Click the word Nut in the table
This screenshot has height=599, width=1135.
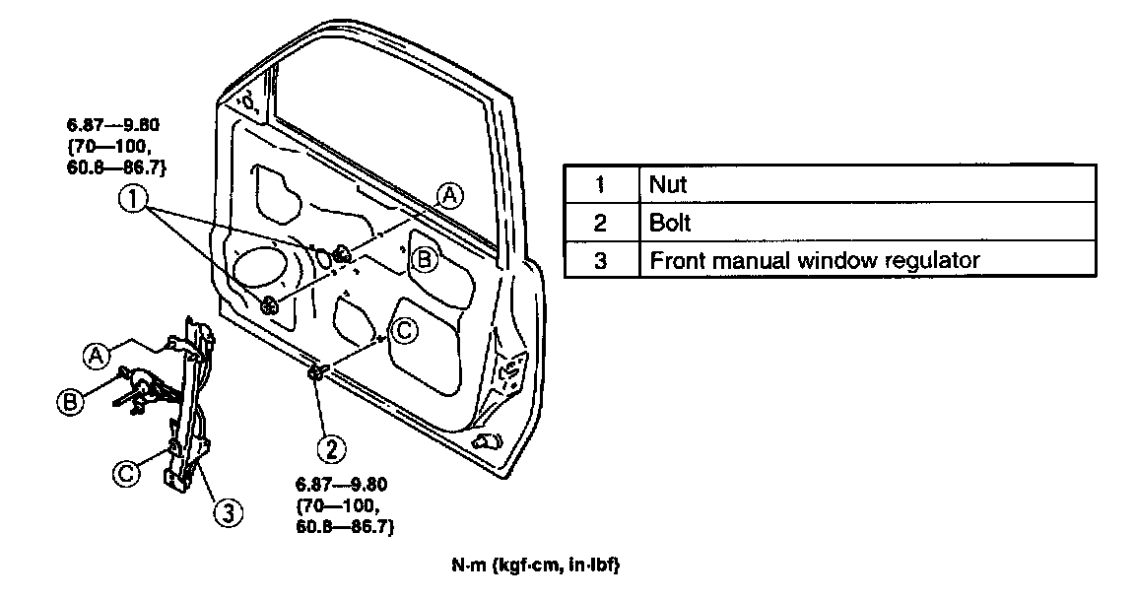[x=668, y=184]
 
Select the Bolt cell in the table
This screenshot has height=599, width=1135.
[x=670, y=223]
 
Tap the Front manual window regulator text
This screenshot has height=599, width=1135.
[x=814, y=261]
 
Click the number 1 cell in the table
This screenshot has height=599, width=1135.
[x=600, y=184]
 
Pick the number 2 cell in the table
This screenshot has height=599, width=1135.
[x=600, y=223]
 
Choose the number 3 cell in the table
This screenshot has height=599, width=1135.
[x=600, y=261]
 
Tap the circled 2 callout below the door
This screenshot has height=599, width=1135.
[x=330, y=449]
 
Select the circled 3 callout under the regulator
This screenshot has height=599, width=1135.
[x=227, y=512]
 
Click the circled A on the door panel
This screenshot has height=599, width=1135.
[x=449, y=195]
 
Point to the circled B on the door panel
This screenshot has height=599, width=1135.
[x=423, y=259]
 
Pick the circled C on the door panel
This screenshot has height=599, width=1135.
[x=406, y=331]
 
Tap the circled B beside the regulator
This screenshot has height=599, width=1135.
[x=70, y=402]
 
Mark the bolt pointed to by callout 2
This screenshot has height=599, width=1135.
[x=317, y=371]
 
